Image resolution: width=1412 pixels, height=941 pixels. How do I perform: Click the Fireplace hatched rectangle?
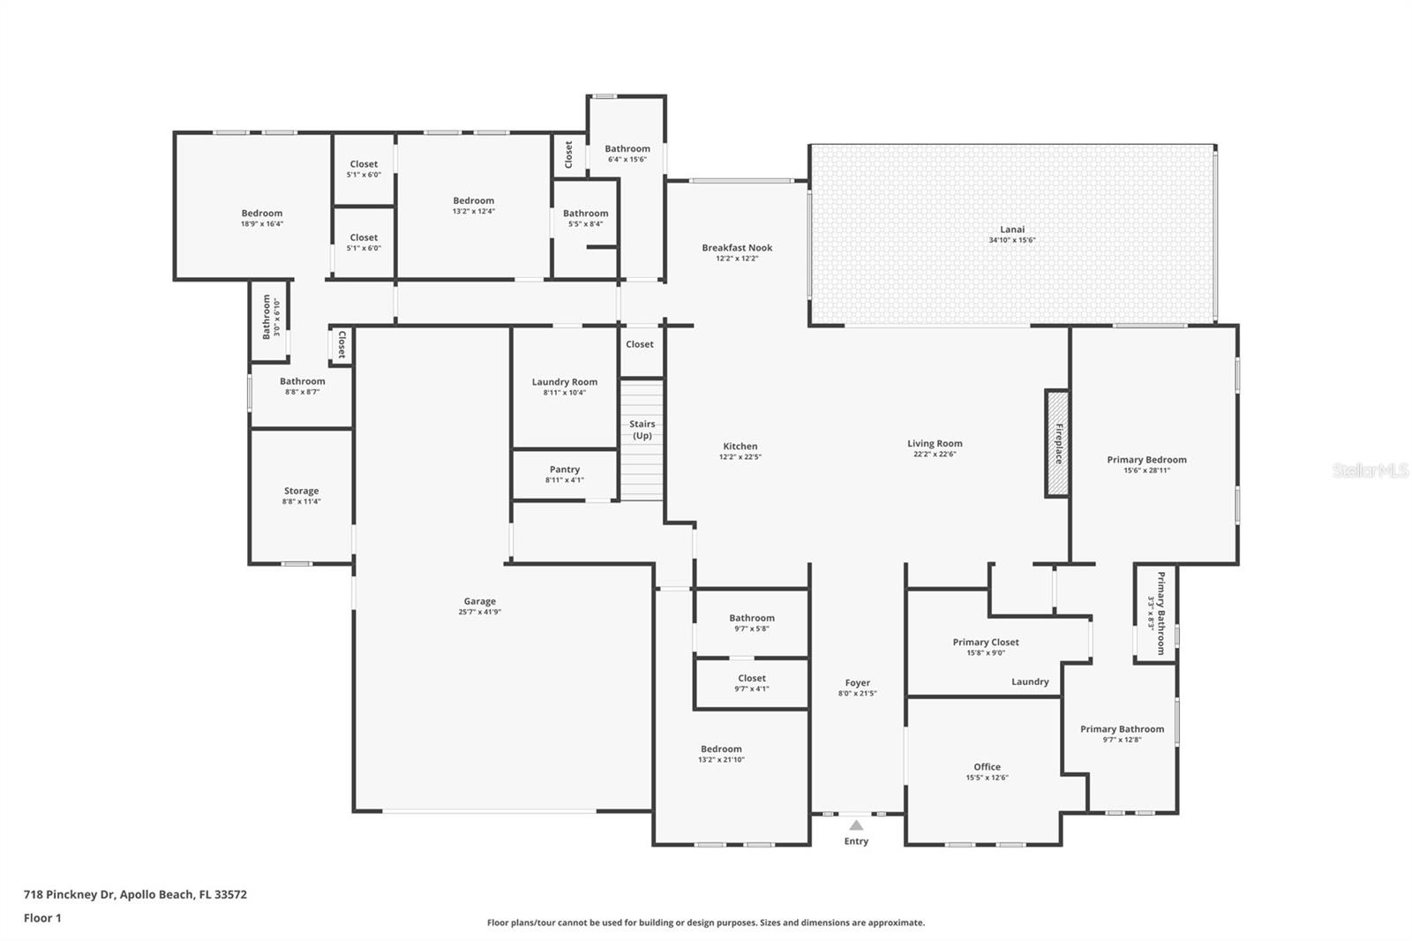click(1057, 443)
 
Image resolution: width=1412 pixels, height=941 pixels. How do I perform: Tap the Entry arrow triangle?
click(855, 825)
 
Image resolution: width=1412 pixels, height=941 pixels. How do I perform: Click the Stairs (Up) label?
click(642, 430)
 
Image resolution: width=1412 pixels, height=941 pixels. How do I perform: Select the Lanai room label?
click(1012, 230)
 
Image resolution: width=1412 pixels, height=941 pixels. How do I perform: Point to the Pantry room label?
click(565, 470)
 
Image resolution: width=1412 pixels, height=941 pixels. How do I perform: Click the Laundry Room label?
click(565, 382)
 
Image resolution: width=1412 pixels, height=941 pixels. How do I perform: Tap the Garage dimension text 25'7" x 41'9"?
click(480, 612)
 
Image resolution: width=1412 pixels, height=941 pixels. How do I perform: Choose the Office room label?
click(987, 767)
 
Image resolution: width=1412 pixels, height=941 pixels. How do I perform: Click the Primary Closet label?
click(986, 642)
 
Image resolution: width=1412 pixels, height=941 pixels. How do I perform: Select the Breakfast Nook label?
click(737, 248)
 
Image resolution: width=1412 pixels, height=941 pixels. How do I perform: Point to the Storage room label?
click(301, 491)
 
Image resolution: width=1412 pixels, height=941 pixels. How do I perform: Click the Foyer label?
click(857, 682)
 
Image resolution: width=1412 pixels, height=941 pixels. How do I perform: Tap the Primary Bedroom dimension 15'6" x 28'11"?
click(1146, 470)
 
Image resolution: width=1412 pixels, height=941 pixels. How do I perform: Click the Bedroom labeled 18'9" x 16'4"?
click(262, 214)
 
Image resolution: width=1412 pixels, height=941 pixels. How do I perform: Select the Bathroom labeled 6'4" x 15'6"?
click(627, 149)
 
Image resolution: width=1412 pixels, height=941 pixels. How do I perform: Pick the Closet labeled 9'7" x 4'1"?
click(752, 678)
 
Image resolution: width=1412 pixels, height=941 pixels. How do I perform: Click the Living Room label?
click(935, 444)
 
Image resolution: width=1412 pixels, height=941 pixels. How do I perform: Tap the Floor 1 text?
click(42, 918)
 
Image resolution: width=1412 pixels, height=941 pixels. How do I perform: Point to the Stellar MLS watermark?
click(1371, 470)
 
